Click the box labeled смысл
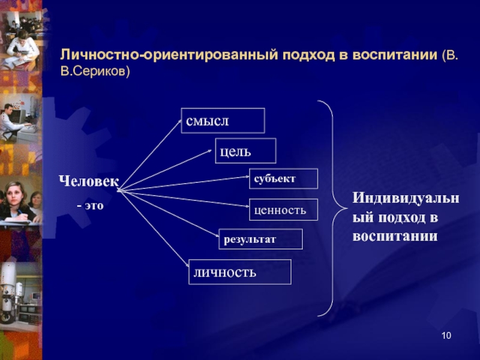[223, 120]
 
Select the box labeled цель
[245, 151]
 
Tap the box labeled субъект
[283, 179]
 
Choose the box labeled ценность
[283, 209]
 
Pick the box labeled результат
[260, 239]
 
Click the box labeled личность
[240, 272]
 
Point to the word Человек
[88, 181]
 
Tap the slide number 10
[445, 335]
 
